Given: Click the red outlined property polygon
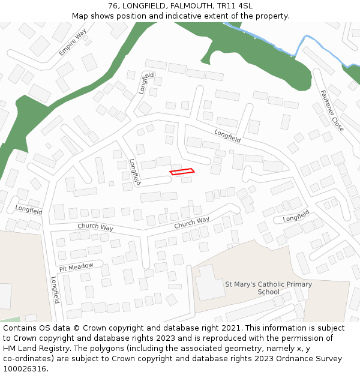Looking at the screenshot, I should click(x=182, y=172).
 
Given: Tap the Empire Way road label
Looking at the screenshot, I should click(x=72, y=42).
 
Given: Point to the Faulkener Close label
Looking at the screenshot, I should click(x=331, y=111).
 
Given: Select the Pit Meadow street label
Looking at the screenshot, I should click(x=76, y=266).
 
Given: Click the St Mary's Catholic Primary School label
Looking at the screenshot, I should click(x=268, y=288).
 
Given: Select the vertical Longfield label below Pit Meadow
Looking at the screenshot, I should click(x=55, y=290).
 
